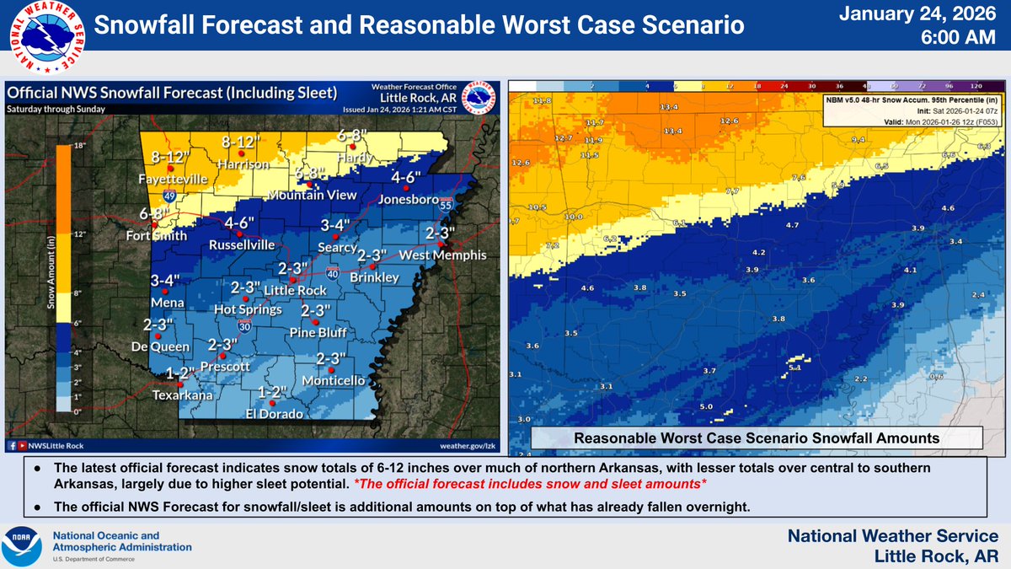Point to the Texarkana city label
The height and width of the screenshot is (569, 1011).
[x=183, y=395]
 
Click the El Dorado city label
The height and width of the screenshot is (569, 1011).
[x=275, y=413]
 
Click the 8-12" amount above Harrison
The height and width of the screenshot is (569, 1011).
[x=238, y=142]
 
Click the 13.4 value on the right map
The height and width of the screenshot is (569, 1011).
[x=670, y=108]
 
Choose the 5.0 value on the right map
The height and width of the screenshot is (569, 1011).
[x=706, y=407]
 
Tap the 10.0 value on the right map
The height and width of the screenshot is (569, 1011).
[x=573, y=217]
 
